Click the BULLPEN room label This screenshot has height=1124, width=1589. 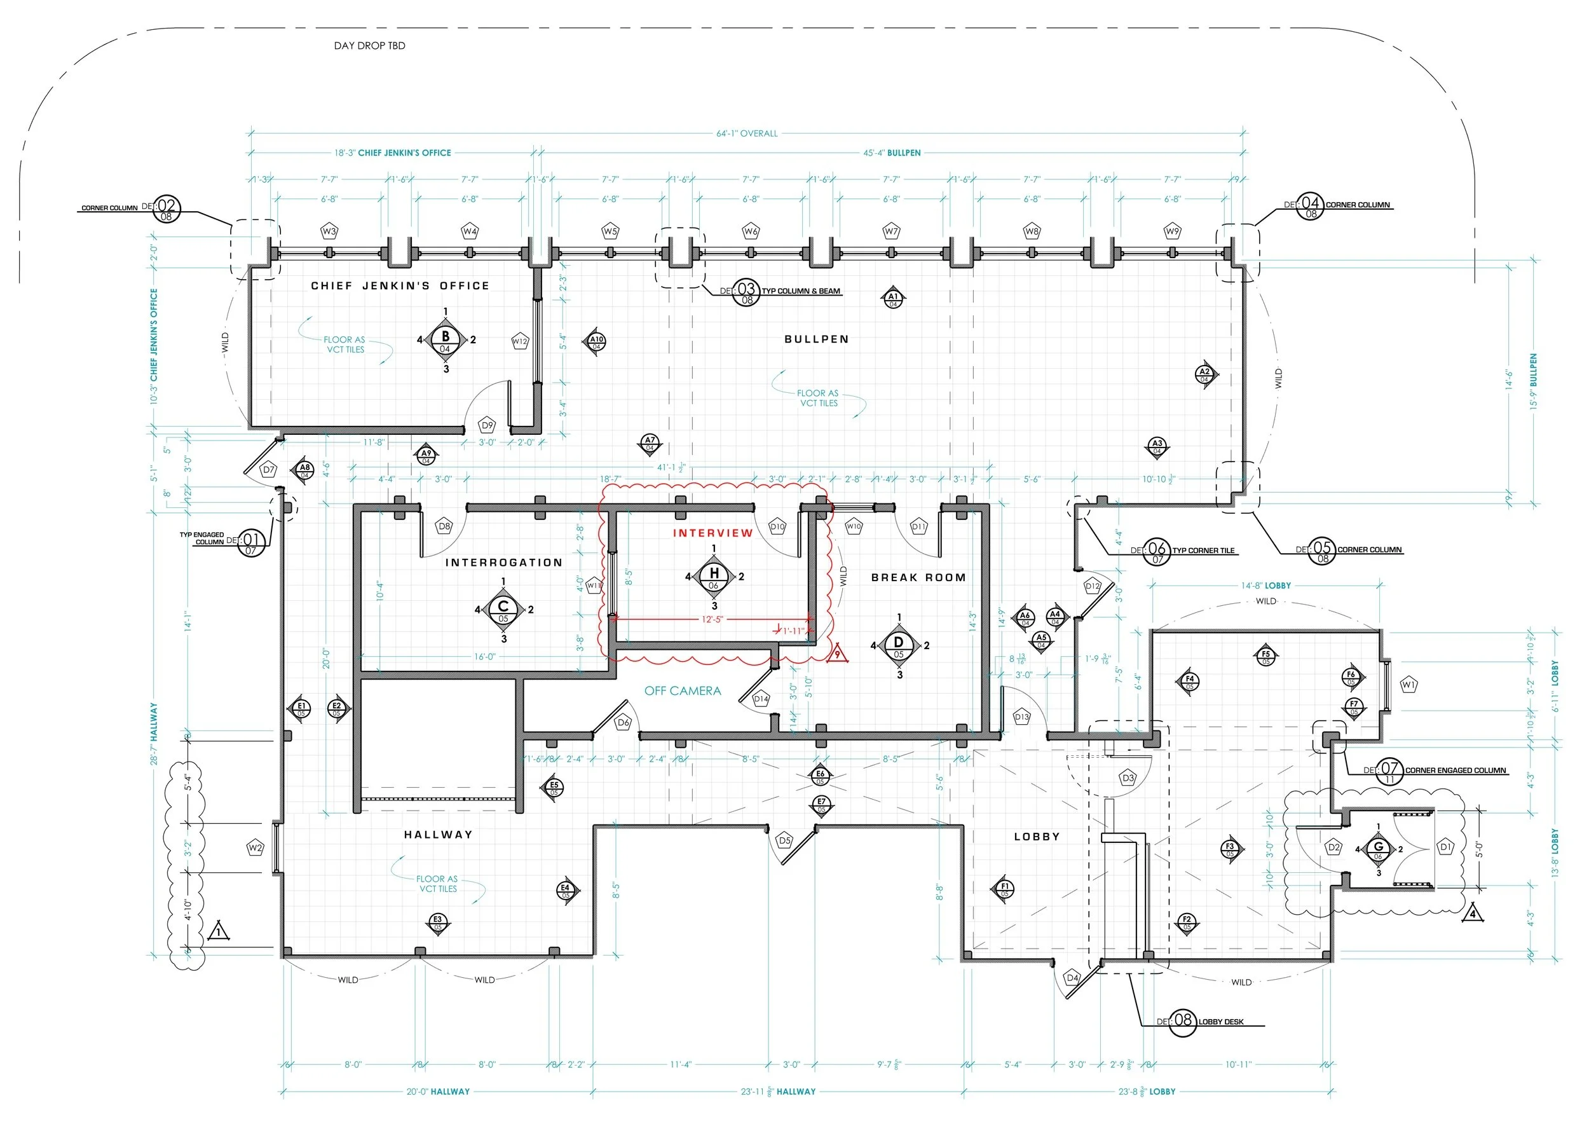click(x=816, y=339)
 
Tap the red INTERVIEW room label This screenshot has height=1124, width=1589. click(x=712, y=533)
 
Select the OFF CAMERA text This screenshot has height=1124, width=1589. click(x=683, y=690)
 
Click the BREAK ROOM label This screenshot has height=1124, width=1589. click(x=918, y=577)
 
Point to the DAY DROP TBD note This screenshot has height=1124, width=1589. click(x=369, y=46)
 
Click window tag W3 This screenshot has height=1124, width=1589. click(x=329, y=231)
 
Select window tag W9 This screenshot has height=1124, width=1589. click(x=1171, y=231)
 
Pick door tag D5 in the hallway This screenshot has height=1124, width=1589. click(x=784, y=841)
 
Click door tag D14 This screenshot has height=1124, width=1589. click(x=761, y=699)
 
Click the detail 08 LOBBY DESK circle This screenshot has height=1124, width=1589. click(x=1183, y=1022)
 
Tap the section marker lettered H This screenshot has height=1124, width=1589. click(x=714, y=575)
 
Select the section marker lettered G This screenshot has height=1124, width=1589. click(x=1378, y=849)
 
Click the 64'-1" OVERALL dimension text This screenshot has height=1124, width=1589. click(x=747, y=133)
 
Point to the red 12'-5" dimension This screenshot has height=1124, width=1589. click(x=711, y=619)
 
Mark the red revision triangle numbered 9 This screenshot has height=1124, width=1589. click(x=836, y=654)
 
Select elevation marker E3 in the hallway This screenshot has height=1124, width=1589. click(x=437, y=922)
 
